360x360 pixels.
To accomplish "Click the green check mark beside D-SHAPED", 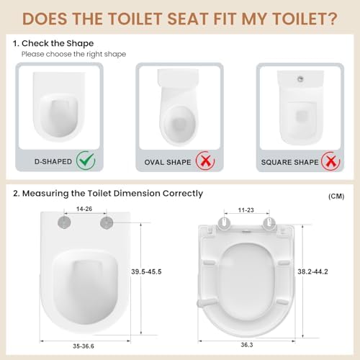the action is click(86, 161).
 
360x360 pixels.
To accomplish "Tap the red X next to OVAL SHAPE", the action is click(205, 161).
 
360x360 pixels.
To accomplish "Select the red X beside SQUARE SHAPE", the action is click(330, 161).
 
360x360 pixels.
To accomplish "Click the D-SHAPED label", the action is click(53, 161).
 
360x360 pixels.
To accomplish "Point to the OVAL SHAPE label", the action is click(168, 162).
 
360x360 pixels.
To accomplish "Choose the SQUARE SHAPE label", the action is click(290, 162).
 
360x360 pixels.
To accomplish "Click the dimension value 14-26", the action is click(84, 209).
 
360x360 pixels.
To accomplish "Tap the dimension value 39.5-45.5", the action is click(146, 271).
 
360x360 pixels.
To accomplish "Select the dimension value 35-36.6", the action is click(84, 346).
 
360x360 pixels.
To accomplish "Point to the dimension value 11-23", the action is click(246, 210).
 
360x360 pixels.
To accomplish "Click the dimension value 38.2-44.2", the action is click(312, 271).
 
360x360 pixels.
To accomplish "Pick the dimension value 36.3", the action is click(247, 345).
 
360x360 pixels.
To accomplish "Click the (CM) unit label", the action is click(336, 197).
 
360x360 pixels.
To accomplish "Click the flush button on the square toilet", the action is click(300, 78).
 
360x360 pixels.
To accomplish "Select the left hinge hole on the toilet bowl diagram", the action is click(64, 222).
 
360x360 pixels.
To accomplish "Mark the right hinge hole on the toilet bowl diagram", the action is click(107, 222).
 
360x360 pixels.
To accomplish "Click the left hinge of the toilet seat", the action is click(224, 222).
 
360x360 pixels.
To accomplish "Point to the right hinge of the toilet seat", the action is click(269, 222).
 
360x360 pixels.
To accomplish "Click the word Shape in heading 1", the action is click(80, 44).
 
